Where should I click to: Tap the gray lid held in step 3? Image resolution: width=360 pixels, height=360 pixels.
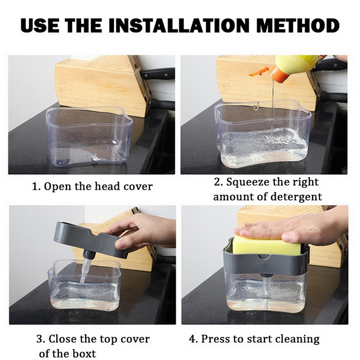click(x=90, y=238)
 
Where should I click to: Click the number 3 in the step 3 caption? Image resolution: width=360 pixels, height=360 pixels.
click(x=39, y=338)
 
